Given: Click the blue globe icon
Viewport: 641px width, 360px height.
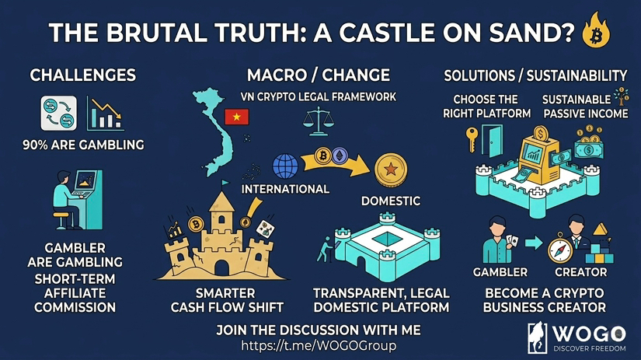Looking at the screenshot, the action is pos(285,166).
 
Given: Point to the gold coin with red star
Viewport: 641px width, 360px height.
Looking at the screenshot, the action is pos(388,169).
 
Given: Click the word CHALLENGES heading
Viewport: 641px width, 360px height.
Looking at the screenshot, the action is pos(82,75).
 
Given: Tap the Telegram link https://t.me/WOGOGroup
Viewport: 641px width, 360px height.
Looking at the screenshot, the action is pos(319,344).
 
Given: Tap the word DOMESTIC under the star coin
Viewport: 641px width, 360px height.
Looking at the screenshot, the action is pos(390,201).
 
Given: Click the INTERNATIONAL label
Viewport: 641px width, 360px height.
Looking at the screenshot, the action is pos(285,189).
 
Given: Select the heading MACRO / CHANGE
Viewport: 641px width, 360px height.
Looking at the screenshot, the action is pos(318,75).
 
